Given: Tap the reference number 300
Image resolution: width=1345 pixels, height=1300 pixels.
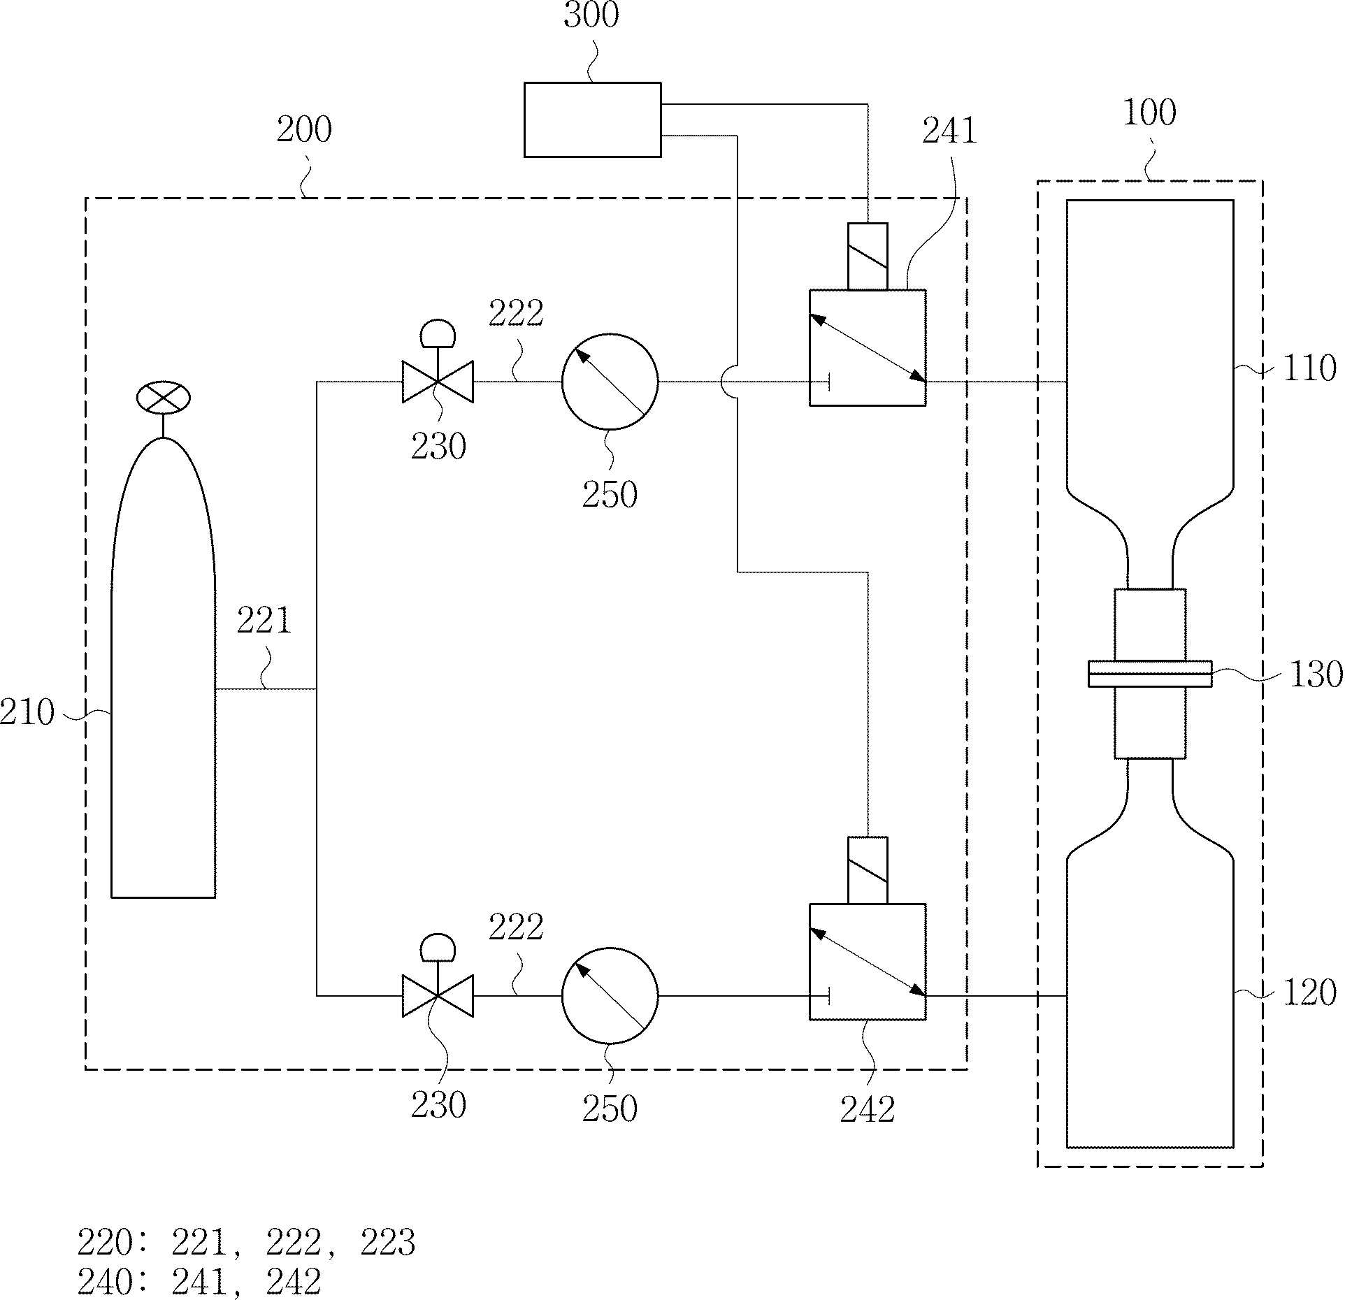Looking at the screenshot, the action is pyautogui.click(x=591, y=15).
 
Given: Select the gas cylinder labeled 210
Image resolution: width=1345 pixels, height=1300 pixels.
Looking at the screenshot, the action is pyautogui.click(x=163, y=667).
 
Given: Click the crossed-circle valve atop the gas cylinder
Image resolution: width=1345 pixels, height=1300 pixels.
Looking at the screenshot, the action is pyautogui.click(x=163, y=398).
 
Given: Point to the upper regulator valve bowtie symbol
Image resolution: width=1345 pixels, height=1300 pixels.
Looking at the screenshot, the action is pyautogui.click(x=438, y=382).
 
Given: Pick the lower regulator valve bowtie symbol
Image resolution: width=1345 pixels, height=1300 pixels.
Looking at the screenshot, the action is pyautogui.click(x=438, y=995).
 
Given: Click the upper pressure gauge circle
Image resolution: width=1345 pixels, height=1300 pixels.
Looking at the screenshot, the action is pyautogui.click(x=610, y=382).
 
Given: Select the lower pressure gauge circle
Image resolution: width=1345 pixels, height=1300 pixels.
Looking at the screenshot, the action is pyautogui.click(x=610, y=995).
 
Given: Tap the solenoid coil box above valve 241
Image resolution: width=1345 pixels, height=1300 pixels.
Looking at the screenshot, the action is pyautogui.click(x=868, y=257).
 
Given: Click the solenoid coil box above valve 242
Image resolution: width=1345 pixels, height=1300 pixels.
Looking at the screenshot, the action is pyautogui.click(x=868, y=870).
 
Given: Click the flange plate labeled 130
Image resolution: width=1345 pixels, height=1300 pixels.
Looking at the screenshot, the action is pyautogui.click(x=1150, y=674).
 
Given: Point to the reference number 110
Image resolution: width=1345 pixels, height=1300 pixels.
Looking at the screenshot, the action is pyautogui.click(x=1309, y=368).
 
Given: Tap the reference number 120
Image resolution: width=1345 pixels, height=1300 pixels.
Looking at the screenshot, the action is pyautogui.click(x=1309, y=992).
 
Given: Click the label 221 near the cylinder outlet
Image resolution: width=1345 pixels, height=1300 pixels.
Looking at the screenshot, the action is pyautogui.click(x=264, y=621).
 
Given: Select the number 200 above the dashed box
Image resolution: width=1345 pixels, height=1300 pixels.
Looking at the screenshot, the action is pyautogui.click(x=303, y=130).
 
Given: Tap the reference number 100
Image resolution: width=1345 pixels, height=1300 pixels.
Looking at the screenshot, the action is pyautogui.click(x=1149, y=113).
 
